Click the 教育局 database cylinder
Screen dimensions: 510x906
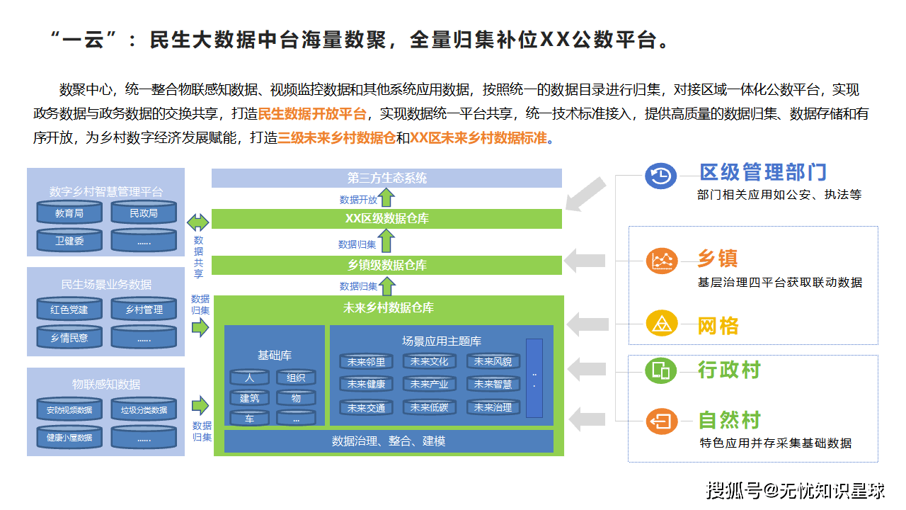[x=69, y=212]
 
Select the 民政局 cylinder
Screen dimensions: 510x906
[x=144, y=212]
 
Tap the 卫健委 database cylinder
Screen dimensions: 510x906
[x=69, y=241]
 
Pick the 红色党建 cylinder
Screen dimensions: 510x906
[x=69, y=310]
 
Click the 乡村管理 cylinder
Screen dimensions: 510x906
[x=144, y=310]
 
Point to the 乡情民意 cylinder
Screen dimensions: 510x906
[x=69, y=338]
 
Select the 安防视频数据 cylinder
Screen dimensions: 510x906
[x=69, y=409]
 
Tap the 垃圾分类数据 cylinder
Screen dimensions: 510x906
[x=144, y=409]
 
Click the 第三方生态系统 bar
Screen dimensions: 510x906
[x=386, y=178]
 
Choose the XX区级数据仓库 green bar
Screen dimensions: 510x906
[x=386, y=219]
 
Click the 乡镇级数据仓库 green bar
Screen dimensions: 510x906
[x=386, y=265]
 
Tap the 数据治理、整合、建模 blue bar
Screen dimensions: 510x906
[x=389, y=441]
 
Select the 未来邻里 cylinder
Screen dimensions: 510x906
[x=366, y=362]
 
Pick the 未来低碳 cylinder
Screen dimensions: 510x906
[x=430, y=407]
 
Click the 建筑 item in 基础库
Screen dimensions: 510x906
[x=249, y=398]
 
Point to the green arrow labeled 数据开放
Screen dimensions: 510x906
[x=386, y=198]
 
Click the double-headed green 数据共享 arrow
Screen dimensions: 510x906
[x=198, y=222]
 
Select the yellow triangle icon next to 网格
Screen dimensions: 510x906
[x=662, y=324]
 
